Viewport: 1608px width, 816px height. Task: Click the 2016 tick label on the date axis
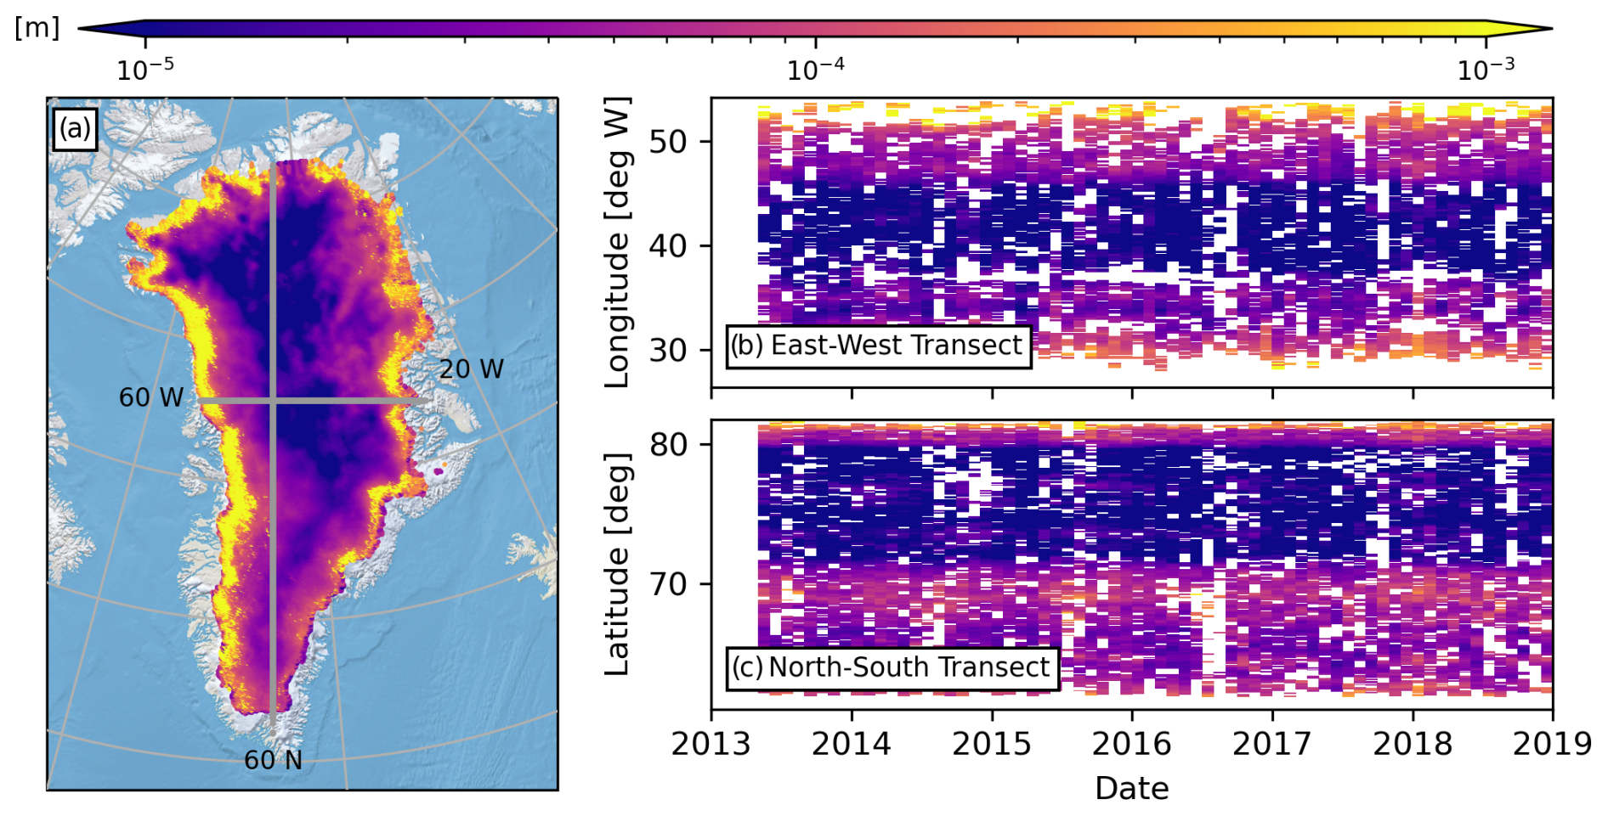[1131, 744]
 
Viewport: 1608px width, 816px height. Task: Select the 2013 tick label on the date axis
[711, 744]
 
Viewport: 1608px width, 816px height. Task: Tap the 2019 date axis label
[1552, 744]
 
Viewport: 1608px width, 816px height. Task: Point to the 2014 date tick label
[851, 744]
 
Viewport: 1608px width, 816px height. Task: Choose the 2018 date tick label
[1413, 744]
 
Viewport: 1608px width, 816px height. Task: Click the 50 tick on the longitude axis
[668, 142]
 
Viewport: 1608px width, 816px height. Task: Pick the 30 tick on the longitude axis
[668, 350]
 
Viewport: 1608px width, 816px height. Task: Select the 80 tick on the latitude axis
[668, 444]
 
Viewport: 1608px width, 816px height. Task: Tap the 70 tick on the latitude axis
[668, 584]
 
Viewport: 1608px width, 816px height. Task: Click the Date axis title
[1131, 789]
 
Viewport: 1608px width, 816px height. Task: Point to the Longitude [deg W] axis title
[617, 243]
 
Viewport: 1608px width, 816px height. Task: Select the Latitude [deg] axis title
[617, 565]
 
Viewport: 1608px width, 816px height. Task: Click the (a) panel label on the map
[75, 129]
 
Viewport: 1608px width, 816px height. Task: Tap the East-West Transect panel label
[878, 346]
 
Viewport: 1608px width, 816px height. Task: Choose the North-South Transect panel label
[892, 667]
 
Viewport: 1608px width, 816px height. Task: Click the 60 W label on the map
[151, 397]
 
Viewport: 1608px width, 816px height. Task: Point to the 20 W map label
[472, 369]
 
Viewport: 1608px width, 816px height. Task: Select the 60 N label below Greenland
[273, 760]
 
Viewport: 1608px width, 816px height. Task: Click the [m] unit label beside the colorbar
[37, 28]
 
